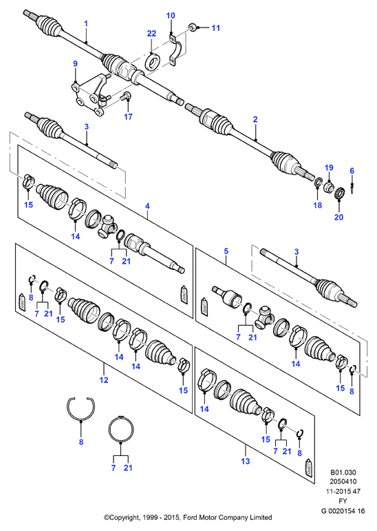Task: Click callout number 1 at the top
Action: pos(86,23)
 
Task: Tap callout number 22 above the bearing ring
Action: pos(151,33)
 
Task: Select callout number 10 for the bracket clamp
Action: pos(171,16)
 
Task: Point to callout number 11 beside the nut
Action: pos(215,28)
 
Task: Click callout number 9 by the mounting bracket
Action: pos(75,63)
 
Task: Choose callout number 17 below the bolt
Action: pos(128,116)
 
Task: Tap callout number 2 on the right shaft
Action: pos(255,119)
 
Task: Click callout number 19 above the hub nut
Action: pos(329,167)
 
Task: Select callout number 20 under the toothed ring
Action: pos(338,217)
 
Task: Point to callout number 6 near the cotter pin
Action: pos(352,171)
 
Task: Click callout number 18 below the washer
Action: pos(317,205)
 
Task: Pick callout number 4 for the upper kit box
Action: pos(147,206)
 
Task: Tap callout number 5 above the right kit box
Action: pos(226,251)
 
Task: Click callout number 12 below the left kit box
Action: pos(104,380)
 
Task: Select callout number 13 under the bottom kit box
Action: pos(246,461)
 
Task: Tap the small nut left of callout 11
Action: pos(191,26)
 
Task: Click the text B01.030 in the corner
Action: pos(343,472)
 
